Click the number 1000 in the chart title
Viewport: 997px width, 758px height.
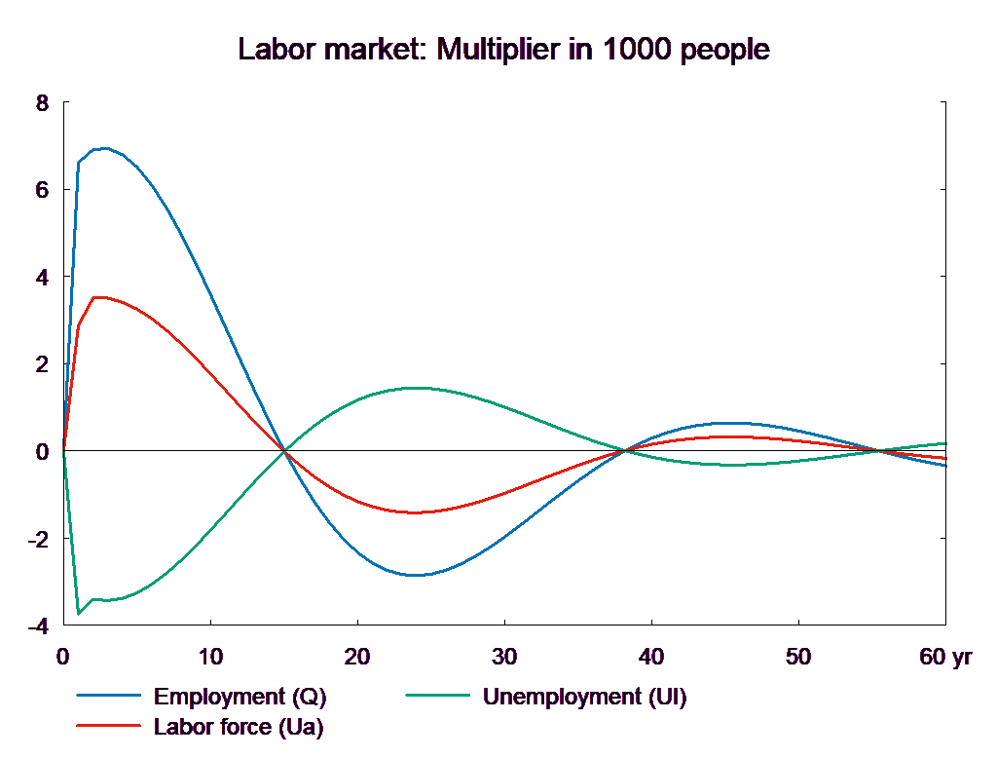pos(637,50)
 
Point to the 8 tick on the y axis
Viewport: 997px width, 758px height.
pos(42,102)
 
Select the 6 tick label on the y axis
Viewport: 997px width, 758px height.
pos(42,190)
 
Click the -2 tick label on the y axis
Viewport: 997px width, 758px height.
pos(39,539)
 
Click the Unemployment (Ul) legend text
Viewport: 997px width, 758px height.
pos(584,697)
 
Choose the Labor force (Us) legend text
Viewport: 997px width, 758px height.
pos(239,726)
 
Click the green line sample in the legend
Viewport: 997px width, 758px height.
pos(437,697)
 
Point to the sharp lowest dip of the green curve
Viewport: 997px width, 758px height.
pos(79,613)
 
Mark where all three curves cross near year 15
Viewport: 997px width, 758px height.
pos(284,451)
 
